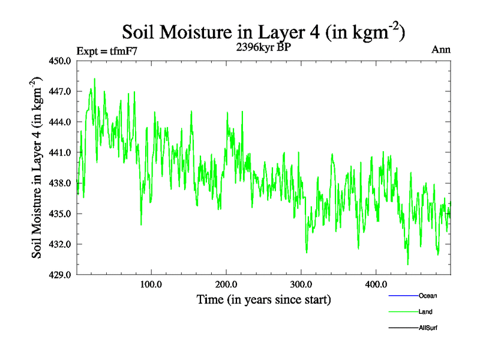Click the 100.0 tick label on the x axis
pyautogui.click(x=151, y=284)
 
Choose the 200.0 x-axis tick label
pyautogui.click(x=226, y=284)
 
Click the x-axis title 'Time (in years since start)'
pyautogui.click(x=264, y=299)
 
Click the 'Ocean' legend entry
pyautogui.click(x=428, y=296)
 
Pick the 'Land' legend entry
pyautogui.click(x=425, y=312)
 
